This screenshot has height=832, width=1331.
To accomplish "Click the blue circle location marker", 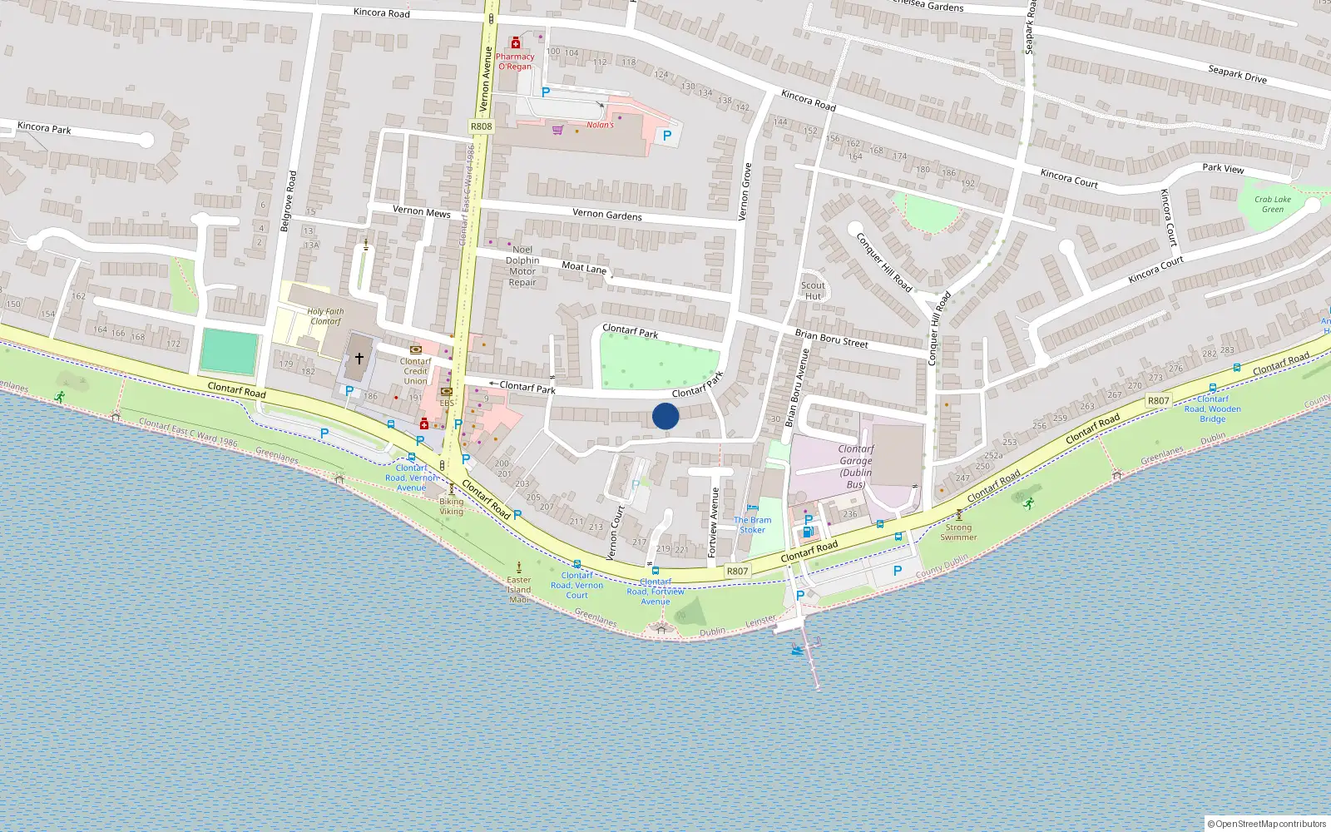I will pyautogui.click(x=665, y=416).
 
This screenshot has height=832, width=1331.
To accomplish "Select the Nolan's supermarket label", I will pyautogui.click(x=600, y=125).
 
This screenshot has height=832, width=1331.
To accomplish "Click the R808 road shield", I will pyautogui.click(x=481, y=126).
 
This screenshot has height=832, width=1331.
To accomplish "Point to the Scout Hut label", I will pyautogui.click(x=813, y=290).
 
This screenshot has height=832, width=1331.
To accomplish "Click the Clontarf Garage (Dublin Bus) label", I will pyautogui.click(x=856, y=466).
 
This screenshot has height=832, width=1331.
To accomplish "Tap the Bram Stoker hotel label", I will pyautogui.click(x=753, y=525).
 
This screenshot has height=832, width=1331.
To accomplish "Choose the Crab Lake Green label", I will pyautogui.click(x=1273, y=204).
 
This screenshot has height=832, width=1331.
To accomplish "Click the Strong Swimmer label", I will pyautogui.click(x=958, y=532).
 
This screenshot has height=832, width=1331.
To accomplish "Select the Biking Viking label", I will pyautogui.click(x=452, y=506).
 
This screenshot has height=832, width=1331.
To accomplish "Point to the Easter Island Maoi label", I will pyautogui.click(x=519, y=589).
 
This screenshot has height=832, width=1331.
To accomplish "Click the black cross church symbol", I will pyautogui.click(x=359, y=359).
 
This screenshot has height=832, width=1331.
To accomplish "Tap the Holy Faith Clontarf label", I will pyautogui.click(x=325, y=316).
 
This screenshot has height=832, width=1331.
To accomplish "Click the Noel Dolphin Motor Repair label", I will pyautogui.click(x=522, y=265).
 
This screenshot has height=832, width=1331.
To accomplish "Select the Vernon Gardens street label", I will pyautogui.click(x=607, y=215).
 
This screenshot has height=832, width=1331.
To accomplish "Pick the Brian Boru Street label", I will pyautogui.click(x=831, y=339).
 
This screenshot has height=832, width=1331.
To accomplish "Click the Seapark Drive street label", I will pyautogui.click(x=1237, y=74).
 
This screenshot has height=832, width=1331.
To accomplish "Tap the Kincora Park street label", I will pyautogui.click(x=44, y=128).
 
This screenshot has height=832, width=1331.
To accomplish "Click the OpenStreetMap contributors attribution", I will pyautogui.click(x=1266, y=824).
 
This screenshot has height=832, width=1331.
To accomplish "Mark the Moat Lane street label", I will pyautogui.click(x=584, y=268).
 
